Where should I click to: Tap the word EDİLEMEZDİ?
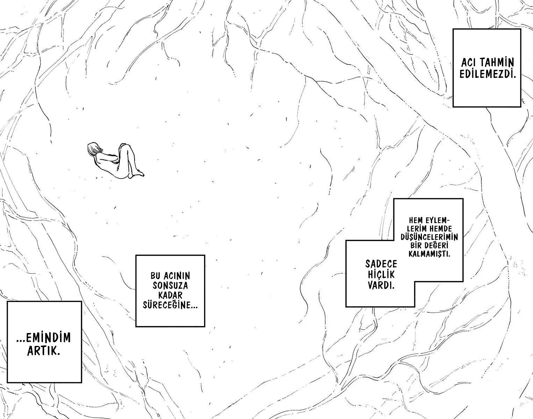pyautogui.click(x=488, y=74)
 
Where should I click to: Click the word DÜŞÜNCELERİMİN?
pyautogui.click(x=429, y=237)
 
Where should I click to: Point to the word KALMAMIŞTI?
pyautogui.click(x=429, y=254)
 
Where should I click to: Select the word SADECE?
pyautogui.click(x=381, y=264)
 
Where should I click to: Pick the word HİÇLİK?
pyautogui.click(x=381, y=274)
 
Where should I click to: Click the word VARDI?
pyautogui.click(x=381, y=285)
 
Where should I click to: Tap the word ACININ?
pyautogui.click(x=177, y=276)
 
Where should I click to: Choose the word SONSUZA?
pyautogui.click(x=170, y=286)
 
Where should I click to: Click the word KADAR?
pyautogui.click(x=170, y=295)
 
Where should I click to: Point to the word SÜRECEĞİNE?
pyautogui.click(x=170, y=305)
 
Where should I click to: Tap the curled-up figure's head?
pyautogui.click(x=94, y=149)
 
